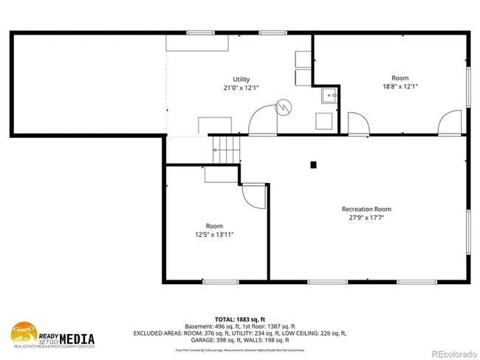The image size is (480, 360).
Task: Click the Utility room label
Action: coord(241,80)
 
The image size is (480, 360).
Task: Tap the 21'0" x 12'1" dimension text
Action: coord(241,89)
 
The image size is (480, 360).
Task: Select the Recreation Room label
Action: coord(366,209)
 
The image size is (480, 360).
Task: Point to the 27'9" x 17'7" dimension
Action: coord(366,218)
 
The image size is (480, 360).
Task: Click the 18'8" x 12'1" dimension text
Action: coord(400,86)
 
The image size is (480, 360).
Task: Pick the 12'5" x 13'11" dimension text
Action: coord(214,235)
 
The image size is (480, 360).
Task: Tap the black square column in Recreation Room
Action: coord(314,165)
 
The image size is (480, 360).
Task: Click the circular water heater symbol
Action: coord(281,108)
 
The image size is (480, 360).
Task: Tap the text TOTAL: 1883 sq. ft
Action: coord(240,318)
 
